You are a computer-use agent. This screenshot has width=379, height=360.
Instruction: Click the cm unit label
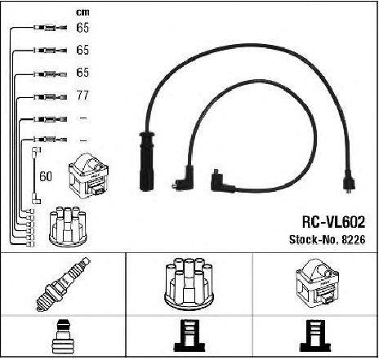point(82,12)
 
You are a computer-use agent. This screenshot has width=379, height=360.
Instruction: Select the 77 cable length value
point(82,96)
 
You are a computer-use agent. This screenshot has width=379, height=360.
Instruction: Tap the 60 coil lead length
point(46,176)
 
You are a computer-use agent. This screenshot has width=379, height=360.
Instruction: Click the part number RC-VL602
point(333,222)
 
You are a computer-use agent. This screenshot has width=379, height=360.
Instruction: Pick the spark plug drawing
point(64,284)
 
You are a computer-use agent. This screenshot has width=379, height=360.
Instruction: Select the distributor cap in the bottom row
point(189,284)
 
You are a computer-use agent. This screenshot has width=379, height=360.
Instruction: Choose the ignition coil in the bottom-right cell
point(317,284)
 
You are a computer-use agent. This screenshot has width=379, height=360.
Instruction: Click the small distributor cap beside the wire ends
point(68,227)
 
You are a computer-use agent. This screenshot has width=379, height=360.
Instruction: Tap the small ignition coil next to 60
point(89,176)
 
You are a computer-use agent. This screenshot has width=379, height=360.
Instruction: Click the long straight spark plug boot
point(146,162)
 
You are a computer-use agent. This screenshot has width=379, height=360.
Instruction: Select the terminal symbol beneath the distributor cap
point(189,336)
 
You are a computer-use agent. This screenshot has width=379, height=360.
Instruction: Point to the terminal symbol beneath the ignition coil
point(316,336)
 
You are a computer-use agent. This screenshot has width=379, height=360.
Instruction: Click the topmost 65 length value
point(82,28)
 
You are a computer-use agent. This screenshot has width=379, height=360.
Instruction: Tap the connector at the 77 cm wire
point(51,96)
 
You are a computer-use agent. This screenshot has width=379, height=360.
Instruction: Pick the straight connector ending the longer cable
point(349,181)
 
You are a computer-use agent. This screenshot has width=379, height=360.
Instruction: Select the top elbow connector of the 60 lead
point(37,151)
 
